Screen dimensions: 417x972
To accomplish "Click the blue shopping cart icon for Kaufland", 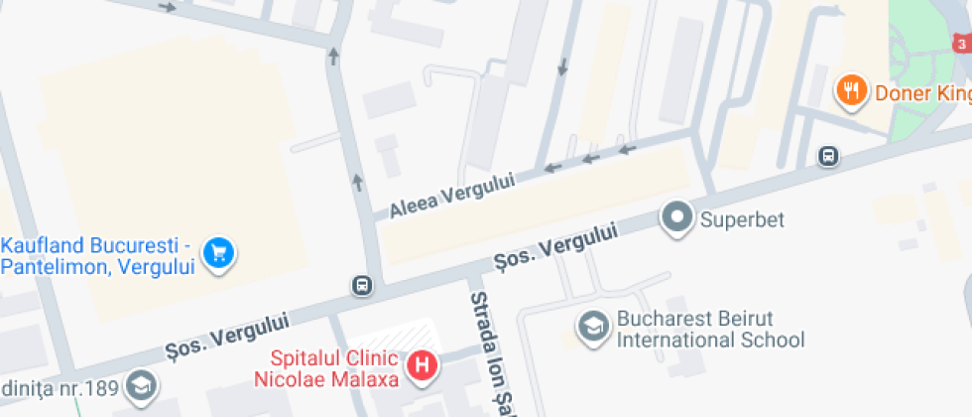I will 217,253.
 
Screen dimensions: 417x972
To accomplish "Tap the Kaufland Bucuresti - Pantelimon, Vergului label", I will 96,255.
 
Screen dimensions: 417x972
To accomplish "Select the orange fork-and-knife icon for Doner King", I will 849,92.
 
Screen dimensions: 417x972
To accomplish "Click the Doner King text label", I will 921,93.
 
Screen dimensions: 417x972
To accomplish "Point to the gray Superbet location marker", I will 678,218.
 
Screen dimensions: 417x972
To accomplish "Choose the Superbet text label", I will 741,219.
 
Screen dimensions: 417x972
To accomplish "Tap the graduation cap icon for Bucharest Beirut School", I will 593,328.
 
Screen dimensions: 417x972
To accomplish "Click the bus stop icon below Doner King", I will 827,156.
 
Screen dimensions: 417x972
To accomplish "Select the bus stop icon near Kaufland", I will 362,286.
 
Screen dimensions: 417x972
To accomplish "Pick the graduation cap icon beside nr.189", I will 142,385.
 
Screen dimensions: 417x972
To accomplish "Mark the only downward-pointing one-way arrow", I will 562,67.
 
